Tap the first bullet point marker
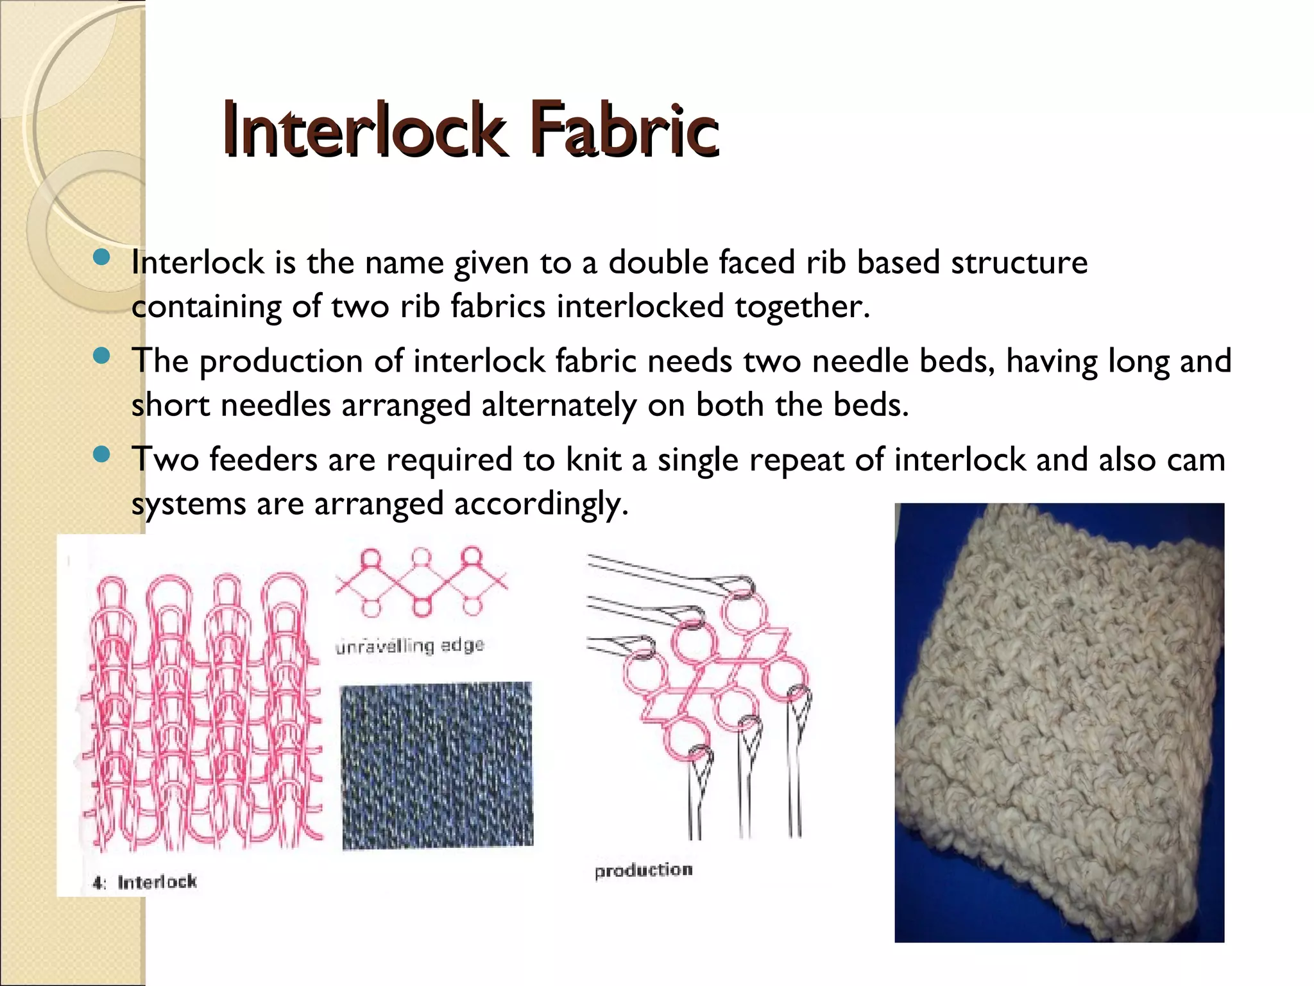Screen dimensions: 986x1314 click(x=101, y=258)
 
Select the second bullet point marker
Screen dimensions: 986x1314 click(x=101, y=356)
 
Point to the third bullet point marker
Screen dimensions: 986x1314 click(x=101, y=455)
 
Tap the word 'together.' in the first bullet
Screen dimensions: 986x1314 click(x=802, y=306)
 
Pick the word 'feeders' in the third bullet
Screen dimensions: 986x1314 click(x=263, y=460)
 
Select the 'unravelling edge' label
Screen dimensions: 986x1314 click(x=409, y=645)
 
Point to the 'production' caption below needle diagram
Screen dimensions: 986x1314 click(x=644, y=870)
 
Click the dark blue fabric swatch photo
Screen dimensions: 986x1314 click(x=436, y=765)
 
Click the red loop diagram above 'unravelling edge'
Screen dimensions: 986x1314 click(x=420, y=582)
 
